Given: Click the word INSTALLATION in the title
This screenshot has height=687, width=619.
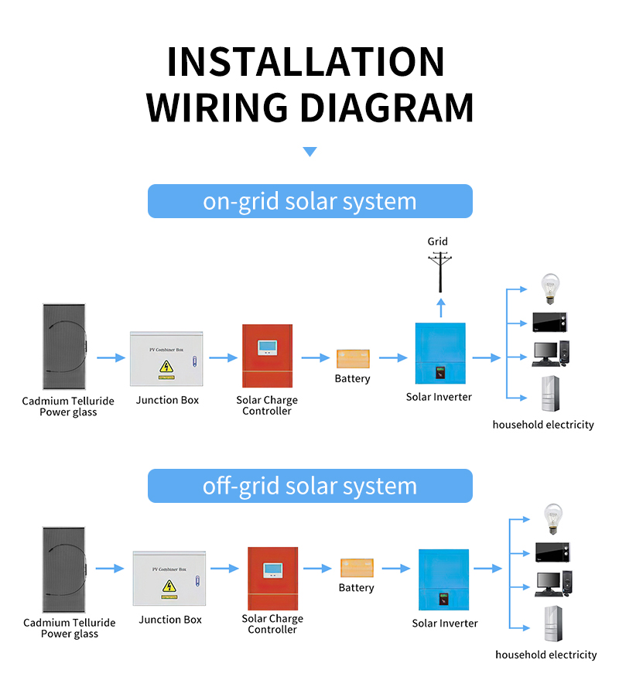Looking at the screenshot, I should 306,62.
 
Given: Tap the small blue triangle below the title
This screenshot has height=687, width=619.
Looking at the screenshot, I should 309,152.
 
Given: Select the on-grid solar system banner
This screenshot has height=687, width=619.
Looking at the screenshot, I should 309,201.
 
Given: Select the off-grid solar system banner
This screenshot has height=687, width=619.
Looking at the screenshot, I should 309,486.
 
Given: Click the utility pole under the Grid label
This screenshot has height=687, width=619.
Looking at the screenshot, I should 440,270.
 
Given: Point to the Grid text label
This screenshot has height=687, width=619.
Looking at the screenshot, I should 438,241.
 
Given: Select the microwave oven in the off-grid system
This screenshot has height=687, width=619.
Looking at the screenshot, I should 553,552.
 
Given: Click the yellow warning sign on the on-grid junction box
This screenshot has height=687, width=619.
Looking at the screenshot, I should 166,366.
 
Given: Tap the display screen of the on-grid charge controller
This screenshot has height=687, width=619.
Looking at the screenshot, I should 268,347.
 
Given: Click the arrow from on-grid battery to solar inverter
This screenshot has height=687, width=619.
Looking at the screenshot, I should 393,358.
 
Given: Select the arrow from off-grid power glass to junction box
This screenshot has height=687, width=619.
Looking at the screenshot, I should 109,569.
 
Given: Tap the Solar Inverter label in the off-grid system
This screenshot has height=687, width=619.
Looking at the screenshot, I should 444,623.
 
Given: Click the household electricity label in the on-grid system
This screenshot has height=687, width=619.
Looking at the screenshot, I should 543,425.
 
